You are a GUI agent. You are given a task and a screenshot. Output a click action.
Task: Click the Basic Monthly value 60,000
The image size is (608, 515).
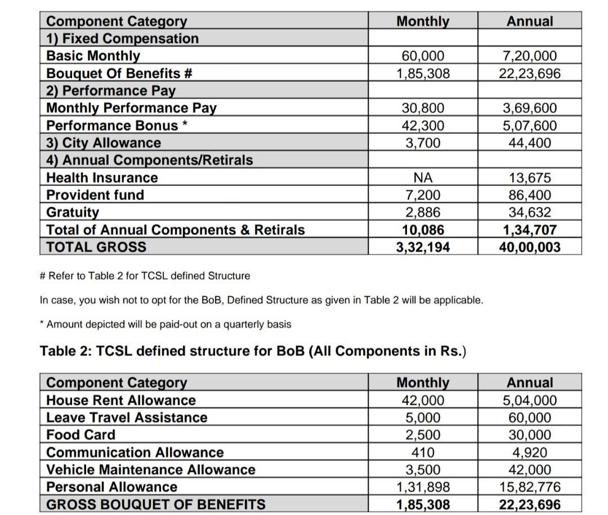(x=423, y=56)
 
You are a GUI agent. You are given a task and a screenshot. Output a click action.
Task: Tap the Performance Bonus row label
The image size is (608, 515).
(x=117, y=126)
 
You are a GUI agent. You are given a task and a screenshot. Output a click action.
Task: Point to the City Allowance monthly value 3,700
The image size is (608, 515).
(x=423, y=143)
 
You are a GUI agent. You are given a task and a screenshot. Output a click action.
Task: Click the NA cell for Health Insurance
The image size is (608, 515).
(x=423, y=178)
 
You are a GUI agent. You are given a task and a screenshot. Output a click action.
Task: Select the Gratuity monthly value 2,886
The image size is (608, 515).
(x=423, y=213)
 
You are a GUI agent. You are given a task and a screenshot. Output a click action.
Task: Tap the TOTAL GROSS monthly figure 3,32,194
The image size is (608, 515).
(x=423, y=247)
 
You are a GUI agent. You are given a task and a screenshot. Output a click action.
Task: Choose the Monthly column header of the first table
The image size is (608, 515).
(x=423, y=21)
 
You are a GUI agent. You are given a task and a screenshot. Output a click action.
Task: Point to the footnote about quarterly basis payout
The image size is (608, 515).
(x=166, y=325)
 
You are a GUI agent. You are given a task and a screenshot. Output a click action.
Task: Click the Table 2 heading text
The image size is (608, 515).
(x=253, y=351)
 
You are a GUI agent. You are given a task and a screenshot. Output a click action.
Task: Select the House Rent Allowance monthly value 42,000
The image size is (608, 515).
(x=423, y=401)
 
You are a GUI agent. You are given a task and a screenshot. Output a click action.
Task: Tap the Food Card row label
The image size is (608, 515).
(x=81, y=435)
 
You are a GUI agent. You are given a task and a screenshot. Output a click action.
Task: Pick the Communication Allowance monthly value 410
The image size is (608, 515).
(x=423, y=453)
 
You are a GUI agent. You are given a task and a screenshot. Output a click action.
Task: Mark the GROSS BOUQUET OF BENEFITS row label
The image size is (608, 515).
(x=155, y=505)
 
